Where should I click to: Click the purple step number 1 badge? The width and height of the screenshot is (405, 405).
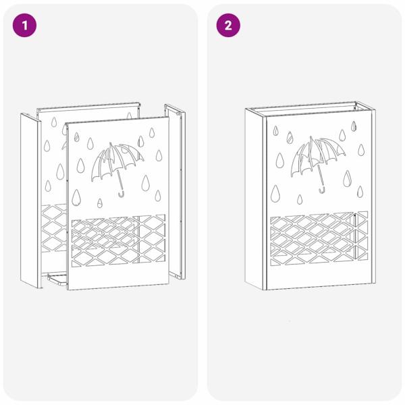[26, 26]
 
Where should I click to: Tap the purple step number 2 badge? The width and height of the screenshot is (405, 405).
[228, 26]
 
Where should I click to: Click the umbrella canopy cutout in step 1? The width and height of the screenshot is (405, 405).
[116, 160]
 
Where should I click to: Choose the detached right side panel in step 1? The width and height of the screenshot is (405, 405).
[178, 196]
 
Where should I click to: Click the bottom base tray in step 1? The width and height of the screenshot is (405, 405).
[57, 278]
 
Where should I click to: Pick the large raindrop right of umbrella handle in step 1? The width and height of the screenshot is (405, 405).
[146, 182]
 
